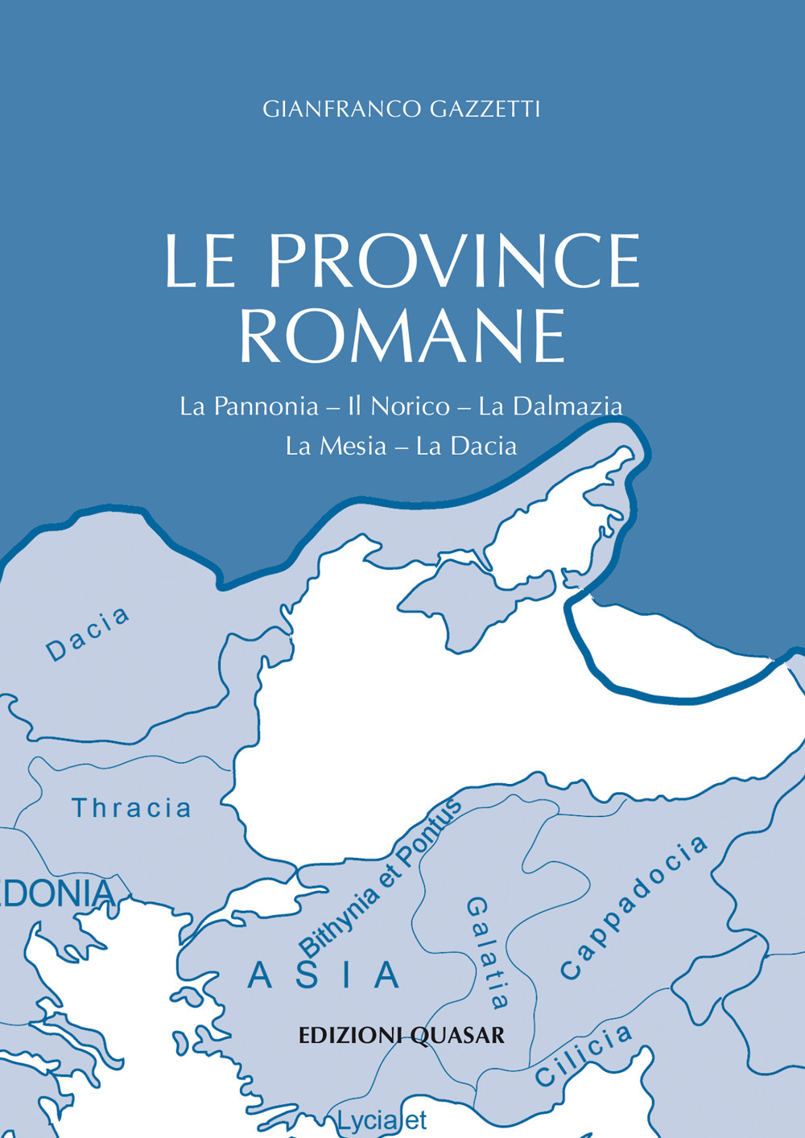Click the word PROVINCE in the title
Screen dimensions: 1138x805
(x=454, y=262)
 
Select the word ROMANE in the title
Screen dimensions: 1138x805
(x=402, y=336)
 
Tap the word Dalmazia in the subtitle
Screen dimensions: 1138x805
(x=567, y=406)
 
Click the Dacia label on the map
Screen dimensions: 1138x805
(x=88, y=634)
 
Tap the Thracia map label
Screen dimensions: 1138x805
(x=132, y=808)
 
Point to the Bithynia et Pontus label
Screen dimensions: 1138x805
(x=380, y=875)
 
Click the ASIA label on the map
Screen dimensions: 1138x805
(x=324, y=975)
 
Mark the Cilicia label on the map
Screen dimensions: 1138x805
(x=584, y=1056)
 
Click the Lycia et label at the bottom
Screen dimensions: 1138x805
(x=381, y=1120)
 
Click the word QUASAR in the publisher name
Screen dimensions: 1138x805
(x=457, y=1035)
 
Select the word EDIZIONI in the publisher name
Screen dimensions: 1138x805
(x=352, y=1035)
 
